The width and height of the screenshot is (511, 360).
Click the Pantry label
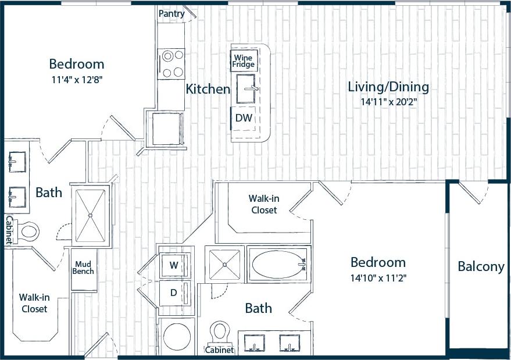point(171,14)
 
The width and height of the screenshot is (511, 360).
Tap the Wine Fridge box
point(244,61)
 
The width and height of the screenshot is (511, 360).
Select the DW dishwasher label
point(243,117)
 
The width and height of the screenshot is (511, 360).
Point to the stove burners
point(171,64)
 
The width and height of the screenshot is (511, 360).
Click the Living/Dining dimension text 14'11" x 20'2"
point(388,101)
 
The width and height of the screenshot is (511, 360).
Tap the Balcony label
point(481,267)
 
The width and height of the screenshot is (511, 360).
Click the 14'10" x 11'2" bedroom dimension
point(378,277)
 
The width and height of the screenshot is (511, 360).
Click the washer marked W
point(174,265)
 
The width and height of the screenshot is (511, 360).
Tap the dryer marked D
point(174,293)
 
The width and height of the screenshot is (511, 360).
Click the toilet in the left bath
point(28,232)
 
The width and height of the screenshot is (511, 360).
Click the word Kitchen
point(208,90)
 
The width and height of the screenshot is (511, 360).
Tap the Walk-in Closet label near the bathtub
point(263,204)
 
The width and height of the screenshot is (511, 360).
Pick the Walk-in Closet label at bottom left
point(34,303)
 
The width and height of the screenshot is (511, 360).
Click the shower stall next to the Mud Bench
point(91,215)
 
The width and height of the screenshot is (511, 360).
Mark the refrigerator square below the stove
point(167,127)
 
